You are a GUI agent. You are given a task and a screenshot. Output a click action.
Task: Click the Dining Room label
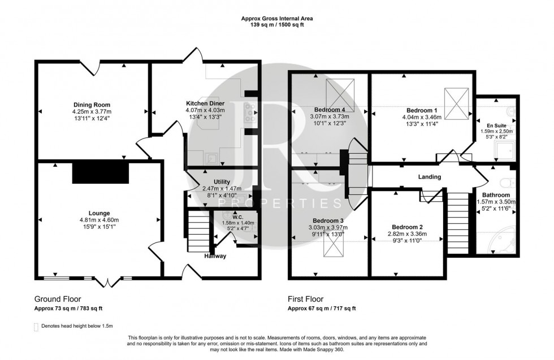(x=91, y=105)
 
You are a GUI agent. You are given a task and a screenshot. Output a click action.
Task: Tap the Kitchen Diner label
(x=205, y=103)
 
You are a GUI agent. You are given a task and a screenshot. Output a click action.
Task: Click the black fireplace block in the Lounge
(x=100, y=171)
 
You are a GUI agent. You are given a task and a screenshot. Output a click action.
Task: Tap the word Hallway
(x=215, y=256)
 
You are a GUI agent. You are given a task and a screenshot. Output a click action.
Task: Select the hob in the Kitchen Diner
(x=250, y=113)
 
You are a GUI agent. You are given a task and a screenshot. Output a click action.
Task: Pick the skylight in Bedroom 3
(x=334, y=246)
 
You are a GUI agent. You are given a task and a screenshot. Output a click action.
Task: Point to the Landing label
(x=429, y=177)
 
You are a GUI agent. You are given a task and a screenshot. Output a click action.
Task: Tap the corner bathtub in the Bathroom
(x=500, y=244)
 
